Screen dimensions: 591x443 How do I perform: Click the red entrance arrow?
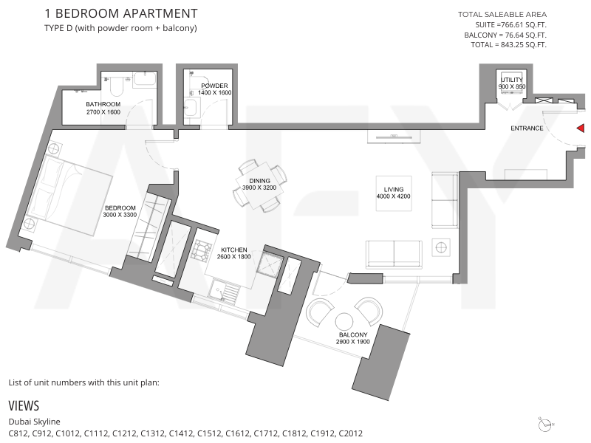pos(581,128)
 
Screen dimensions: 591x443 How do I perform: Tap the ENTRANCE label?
pos(527,128)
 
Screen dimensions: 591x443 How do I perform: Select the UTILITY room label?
pos(511,80)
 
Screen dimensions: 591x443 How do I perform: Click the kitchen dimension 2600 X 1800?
pos(233,257)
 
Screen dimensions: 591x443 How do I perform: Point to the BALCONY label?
pos(353,335)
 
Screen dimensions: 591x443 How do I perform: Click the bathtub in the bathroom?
pos(145,80)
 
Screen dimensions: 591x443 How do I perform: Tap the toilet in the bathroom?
pos(117,86)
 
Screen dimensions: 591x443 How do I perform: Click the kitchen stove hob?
pos(201,251)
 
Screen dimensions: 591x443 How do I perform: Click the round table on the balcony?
pos(344,322)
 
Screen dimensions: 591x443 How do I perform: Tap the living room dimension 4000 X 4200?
pos(393,196)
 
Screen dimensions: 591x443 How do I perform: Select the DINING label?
pos(259,181)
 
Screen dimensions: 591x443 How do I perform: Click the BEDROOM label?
pos(120,208)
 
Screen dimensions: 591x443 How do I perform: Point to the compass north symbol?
pos(546,425)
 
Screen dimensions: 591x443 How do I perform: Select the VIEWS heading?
pos(24,405)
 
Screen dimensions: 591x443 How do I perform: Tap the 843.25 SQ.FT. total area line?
pos(508,45)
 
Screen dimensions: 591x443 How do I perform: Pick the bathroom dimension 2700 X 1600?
pos(103,112)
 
